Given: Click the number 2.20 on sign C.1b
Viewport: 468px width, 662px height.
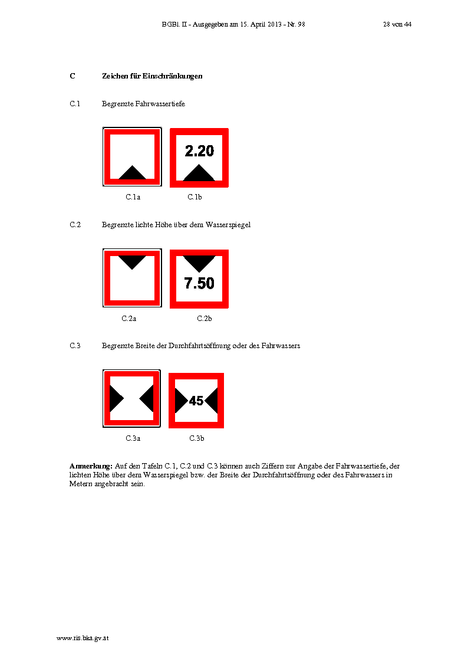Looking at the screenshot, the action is click(x=199, y=150).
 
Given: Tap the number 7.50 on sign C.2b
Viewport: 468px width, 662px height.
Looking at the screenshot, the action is click(x=199, y=283).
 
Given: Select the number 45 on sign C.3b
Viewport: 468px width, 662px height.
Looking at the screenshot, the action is click(x=196, y=401).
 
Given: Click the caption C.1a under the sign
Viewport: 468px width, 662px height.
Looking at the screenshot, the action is click(x=133, y=196).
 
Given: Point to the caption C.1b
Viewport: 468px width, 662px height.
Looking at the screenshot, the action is click(x=195, y=196).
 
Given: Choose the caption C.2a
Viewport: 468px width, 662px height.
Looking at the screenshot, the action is click(x=129, y=319).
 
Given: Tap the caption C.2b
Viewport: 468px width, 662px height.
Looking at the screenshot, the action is click(x=205, y=319).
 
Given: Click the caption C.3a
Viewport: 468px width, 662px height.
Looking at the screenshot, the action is click(x=133, y=438).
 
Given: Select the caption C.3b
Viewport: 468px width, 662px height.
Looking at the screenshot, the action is click(x=197, y=438).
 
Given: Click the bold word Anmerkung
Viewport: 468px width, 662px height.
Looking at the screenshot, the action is click(x=91, y=466).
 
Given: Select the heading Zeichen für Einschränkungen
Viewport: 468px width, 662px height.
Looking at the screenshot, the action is click(x=152, y=76).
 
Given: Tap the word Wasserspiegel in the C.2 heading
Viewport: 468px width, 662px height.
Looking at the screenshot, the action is click(x=228, y=225).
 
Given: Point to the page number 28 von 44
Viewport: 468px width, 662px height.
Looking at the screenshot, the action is click(x=397, y=25).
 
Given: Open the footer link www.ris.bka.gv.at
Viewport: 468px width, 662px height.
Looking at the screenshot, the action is click(x=83, y=638).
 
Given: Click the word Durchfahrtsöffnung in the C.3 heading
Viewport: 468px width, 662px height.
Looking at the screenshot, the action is click(x=199, y=346).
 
